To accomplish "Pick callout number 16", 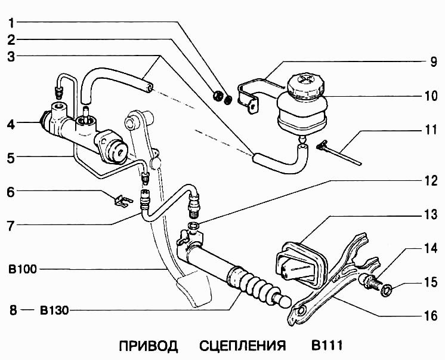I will tap(425, 315).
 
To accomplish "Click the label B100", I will tap(23, 269).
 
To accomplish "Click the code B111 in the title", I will tap(326, 346).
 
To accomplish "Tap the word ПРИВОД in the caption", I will tap(149, 346).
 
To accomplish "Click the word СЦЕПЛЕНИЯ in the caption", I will tap(242, 346).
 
